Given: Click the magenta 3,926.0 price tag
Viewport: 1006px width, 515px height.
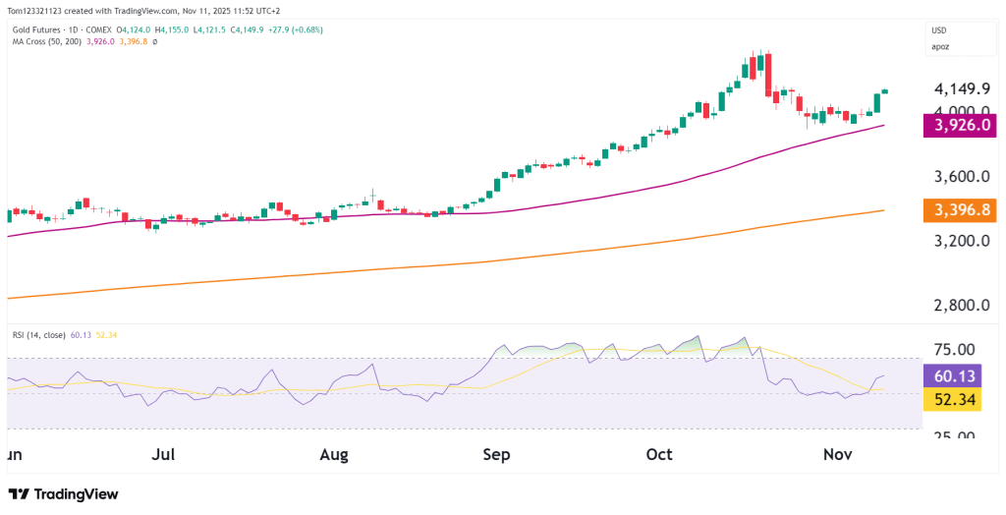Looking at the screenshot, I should (x=963, y=126).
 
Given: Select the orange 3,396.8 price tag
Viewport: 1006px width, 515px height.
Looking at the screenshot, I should (x=963, y=210).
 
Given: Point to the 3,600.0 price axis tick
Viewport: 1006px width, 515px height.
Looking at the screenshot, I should (x=961, y=177).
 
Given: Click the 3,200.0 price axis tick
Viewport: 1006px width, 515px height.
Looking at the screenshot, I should (x=961, y=241).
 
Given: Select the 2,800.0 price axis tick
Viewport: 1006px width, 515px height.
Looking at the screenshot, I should (x=961, y=306).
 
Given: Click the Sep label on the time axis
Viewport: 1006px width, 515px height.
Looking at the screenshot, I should (x=497, y=454).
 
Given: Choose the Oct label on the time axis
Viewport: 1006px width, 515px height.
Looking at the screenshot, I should (x=659, y=454).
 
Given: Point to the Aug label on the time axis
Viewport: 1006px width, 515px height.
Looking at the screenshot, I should (x=335, y=454).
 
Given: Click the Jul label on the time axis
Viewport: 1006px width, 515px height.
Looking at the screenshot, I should (x=164, y=454).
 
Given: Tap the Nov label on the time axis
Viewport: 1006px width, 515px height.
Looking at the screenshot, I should (x=836, y=454).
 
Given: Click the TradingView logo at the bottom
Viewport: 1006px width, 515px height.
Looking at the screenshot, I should (x=63, y=494).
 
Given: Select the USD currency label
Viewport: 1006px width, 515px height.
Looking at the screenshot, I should (x=940, y=29).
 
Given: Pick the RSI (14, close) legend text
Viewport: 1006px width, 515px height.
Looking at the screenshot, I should (x=37, y=335).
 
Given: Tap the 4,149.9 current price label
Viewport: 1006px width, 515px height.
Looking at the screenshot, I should (x=961, y=88).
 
